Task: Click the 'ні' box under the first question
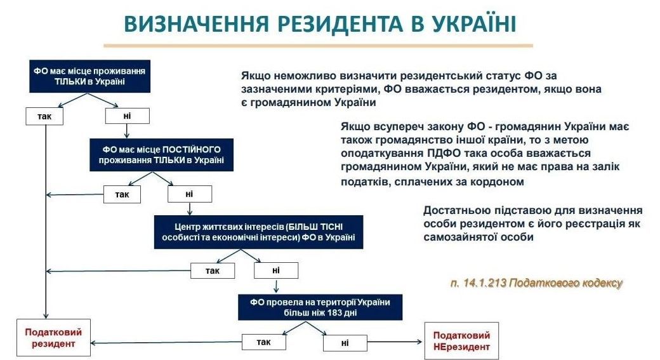tap(127, 116)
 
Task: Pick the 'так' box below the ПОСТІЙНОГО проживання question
tap(121, 194)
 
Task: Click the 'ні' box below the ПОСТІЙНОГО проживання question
tap(190, 194)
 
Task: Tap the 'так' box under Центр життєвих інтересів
tap(212, 270)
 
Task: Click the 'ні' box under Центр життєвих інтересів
tap(276, 270)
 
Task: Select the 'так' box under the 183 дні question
tap(263, 342)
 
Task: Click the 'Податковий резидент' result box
tap(53, 338)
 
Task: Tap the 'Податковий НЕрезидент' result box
tap(461, 341)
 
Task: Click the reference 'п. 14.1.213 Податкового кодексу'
tap(537, 283)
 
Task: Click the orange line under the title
tap(317, 45)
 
